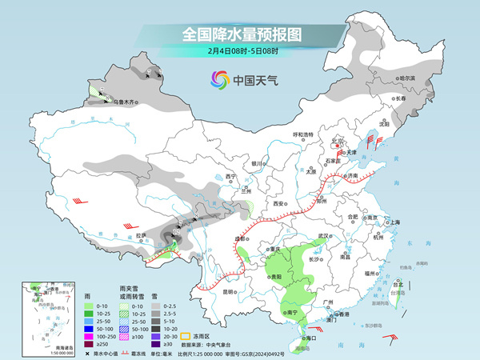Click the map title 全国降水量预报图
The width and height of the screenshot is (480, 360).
pos(240,34)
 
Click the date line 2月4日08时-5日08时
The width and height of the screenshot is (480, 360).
pos(240,52)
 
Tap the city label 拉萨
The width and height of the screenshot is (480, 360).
pos(142,235)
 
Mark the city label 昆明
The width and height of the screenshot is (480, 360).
pos(230,291)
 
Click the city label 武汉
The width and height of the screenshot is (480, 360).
pos(324,235)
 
